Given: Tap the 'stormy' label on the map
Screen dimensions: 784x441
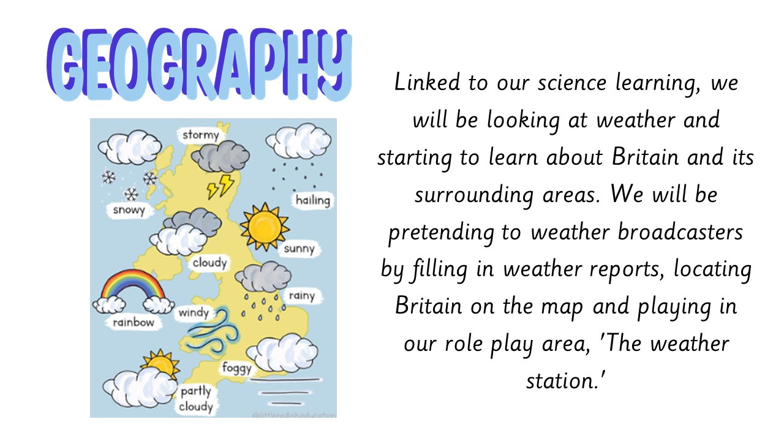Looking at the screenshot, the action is click(200, 135).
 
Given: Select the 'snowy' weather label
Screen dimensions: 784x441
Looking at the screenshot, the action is click(129, 210).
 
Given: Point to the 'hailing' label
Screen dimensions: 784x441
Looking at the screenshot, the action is click(312, 200).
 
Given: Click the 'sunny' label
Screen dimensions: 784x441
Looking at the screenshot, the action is click(300, 249).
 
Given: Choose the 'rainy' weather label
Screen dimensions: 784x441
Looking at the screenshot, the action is click(302, 296).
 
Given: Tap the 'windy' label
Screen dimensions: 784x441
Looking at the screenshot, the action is click(194, 312).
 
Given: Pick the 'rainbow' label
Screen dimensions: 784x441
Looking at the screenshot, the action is click(134, 322).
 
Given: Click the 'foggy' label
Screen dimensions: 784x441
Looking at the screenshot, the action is click(237, 368).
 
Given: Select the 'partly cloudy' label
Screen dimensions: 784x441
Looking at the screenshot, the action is click(196, 399).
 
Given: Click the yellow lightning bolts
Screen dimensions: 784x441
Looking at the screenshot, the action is click(221, 187).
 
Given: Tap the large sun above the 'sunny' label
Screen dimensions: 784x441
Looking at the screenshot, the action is click(265, 227).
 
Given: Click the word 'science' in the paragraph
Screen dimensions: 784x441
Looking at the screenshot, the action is click(572, 83).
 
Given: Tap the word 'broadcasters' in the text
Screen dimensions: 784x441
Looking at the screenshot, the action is click(680, 232).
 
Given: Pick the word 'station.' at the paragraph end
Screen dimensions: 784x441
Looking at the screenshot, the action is click(566, 381).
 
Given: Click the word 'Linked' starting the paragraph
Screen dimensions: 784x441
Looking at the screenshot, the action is click(427, 83).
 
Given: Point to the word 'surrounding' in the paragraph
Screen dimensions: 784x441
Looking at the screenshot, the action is click(474, 195).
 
